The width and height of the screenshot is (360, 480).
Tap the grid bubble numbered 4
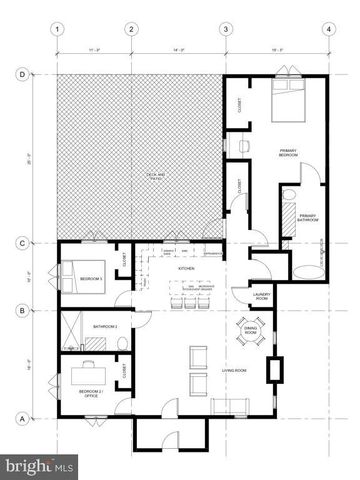point(329,29)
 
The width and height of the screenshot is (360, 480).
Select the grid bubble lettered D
point(22,73)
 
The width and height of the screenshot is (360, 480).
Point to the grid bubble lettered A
point(22,418)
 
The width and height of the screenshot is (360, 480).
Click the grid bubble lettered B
point(22,312)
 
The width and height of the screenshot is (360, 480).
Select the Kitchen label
point(186,269)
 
